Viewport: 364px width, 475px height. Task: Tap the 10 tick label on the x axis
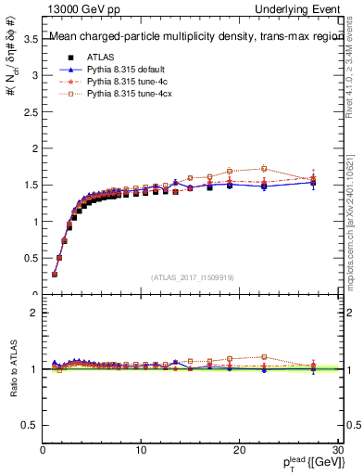coord(141,450)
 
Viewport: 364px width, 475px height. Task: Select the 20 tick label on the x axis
coord(239,450)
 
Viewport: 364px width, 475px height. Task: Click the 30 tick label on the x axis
coord(336,450)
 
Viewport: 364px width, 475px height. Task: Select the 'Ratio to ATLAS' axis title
coord(12,371)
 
